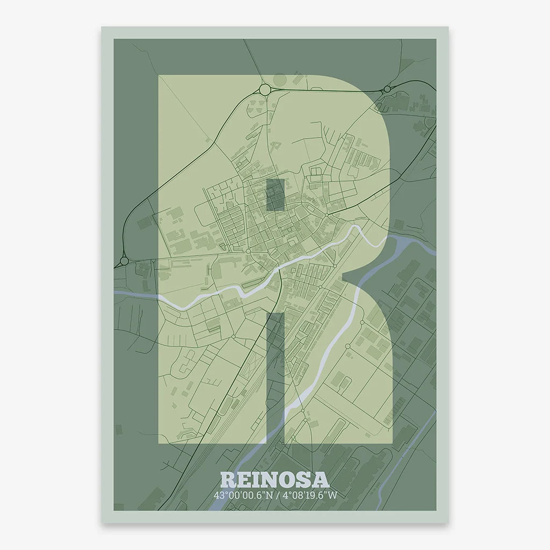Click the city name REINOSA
pyautogui.click(x=274, y=480)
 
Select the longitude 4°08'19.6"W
pyautogui.click(x=310, y=495)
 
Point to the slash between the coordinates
pyautogui.click(x=277, y=495)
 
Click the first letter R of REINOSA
pyautogui.click(x=228, y=480)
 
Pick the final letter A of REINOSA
pyautogui.click(x=321, y=480)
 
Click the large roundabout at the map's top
pyautogui.click(x=265, y=89)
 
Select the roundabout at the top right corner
pyautogui.click(x=387, y=89)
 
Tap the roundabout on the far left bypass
pyautogui.click(x=125, y=261)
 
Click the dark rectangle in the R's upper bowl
pyautogui.click(x=276, y=194)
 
